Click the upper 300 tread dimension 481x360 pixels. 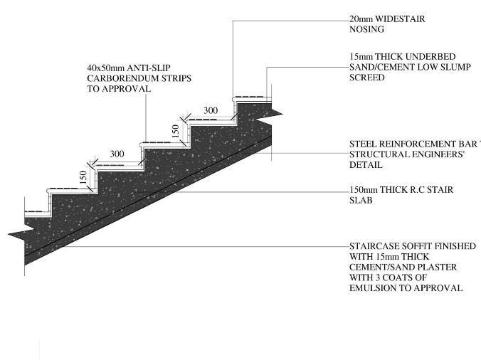pos(211,110)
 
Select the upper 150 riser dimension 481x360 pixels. pos(176,131)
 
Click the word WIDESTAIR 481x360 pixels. pos(400,19)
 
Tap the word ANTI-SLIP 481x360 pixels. pos(157,68)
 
